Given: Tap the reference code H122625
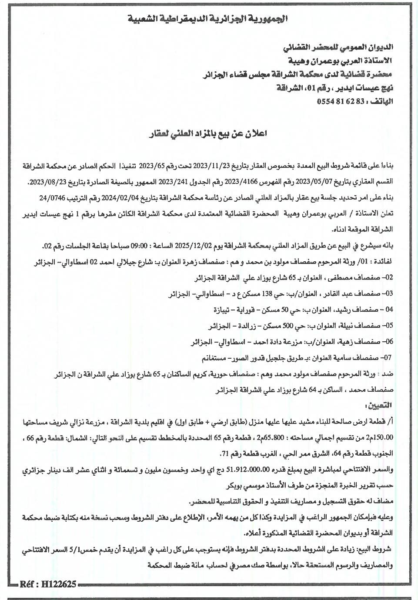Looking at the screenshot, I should [x=49, y=584].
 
